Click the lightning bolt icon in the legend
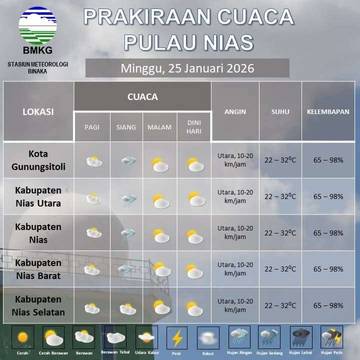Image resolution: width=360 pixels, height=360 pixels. (x=177, y=337)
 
